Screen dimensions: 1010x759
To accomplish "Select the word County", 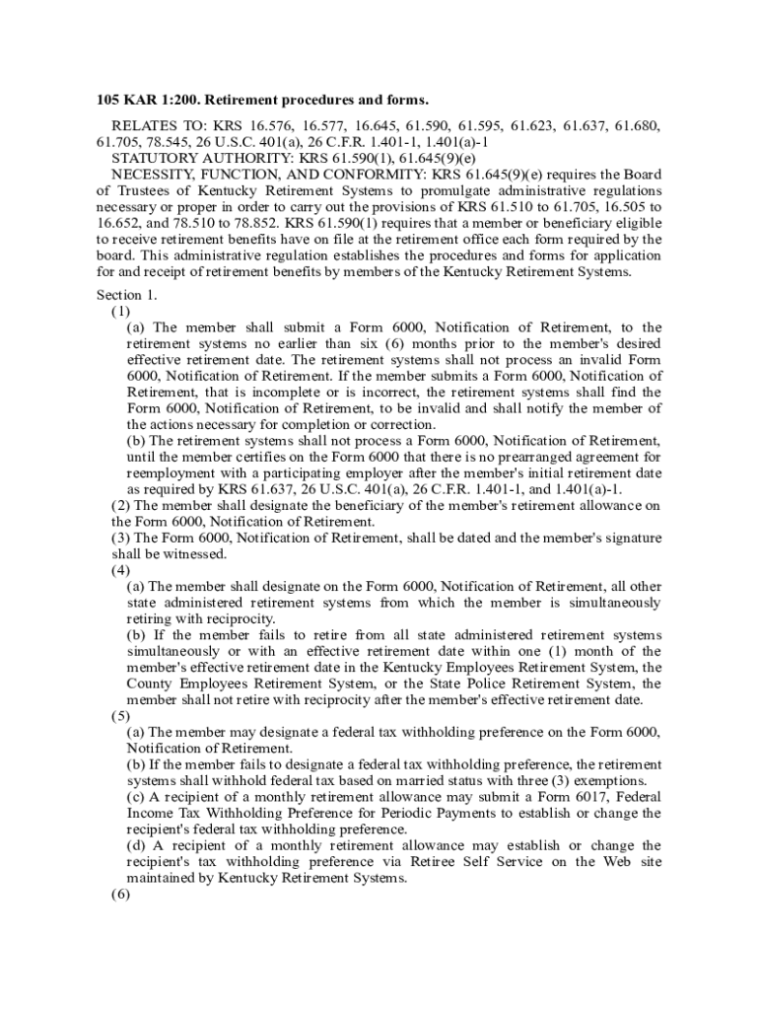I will (x=151, y=684).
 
